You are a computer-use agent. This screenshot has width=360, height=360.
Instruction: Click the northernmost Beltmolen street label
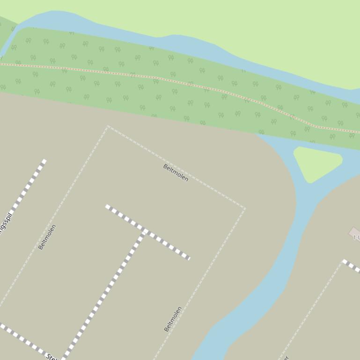click(x=176, y=173)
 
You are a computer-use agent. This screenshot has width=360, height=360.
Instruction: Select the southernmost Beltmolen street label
click(x=173, y=319)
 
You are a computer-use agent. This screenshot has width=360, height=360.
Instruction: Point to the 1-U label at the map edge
click(x=357, y=238)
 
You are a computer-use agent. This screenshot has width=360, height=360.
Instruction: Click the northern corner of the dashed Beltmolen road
click(x=108, y=126)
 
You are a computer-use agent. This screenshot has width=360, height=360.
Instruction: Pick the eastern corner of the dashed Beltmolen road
click(x=244, y=209)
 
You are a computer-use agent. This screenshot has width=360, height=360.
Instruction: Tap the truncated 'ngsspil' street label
click(x=5, y=223)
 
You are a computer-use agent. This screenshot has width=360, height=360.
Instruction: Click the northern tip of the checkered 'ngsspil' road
click(x=44, y=161)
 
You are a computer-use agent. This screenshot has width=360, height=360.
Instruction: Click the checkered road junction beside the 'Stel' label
click(x=65, y=356)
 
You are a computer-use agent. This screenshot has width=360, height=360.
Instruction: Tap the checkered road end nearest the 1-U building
click(x=345, y=261)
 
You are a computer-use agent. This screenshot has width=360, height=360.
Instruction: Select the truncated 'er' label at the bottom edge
click(x=285, y=358)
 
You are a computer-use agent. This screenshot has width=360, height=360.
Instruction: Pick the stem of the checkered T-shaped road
click(x=108, y=290)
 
